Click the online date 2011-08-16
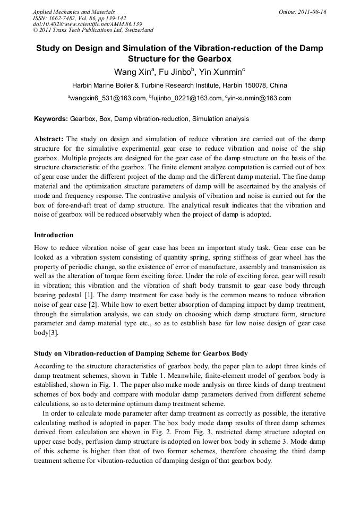tap(311, 12)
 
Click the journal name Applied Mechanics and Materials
tap(73, 12)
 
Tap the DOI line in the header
tap(87, 24)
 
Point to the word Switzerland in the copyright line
tap(134, 31)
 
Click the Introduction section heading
tap(54, 235)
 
